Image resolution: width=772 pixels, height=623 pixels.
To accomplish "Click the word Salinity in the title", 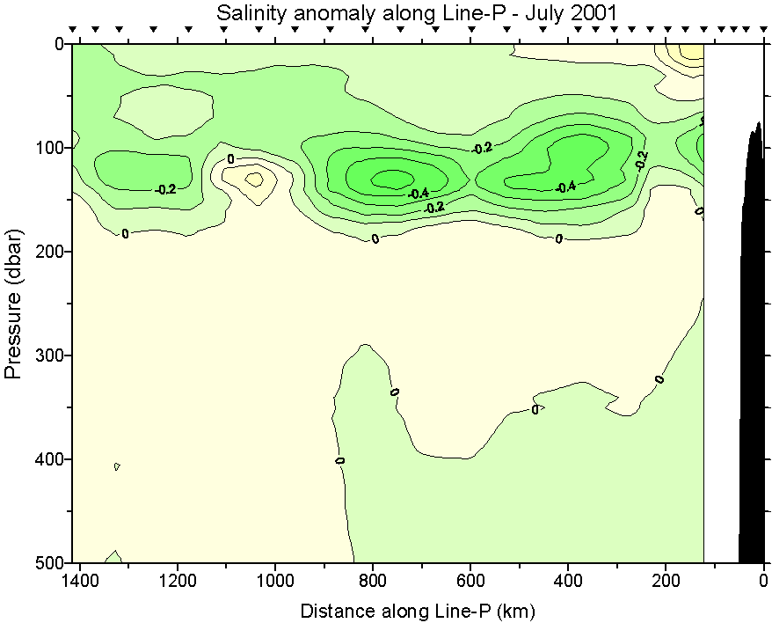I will [248, 13].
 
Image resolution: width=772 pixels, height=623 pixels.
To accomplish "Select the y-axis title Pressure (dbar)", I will [13, 304].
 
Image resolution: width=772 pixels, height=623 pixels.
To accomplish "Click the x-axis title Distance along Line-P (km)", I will [418, 610].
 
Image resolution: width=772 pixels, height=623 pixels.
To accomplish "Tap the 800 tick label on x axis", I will [373, 582].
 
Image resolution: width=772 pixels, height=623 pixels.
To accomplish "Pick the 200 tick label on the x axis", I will [666, 582].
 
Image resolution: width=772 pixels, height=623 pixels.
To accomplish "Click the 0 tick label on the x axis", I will [763, 582].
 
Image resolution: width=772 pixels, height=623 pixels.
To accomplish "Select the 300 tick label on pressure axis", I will [44, 355].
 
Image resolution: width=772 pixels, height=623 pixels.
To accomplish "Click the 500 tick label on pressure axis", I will [44, 562].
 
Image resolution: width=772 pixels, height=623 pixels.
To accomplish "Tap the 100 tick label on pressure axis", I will [44, 147].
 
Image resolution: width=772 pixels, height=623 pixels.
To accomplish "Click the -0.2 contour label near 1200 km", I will [165, 189].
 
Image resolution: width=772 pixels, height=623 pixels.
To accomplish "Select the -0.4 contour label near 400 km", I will [565, 187].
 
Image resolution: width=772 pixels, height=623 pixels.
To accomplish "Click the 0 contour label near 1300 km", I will [125, 233].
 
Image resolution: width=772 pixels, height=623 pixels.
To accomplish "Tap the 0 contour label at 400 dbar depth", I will [340, 459].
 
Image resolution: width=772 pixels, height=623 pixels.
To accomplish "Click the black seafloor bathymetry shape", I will [752, 352].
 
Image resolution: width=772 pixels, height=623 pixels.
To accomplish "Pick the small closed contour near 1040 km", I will [254, 179].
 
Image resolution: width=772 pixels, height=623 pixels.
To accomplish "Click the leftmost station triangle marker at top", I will [74, 30].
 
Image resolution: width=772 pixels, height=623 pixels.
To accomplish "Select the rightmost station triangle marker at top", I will [759, 30].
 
